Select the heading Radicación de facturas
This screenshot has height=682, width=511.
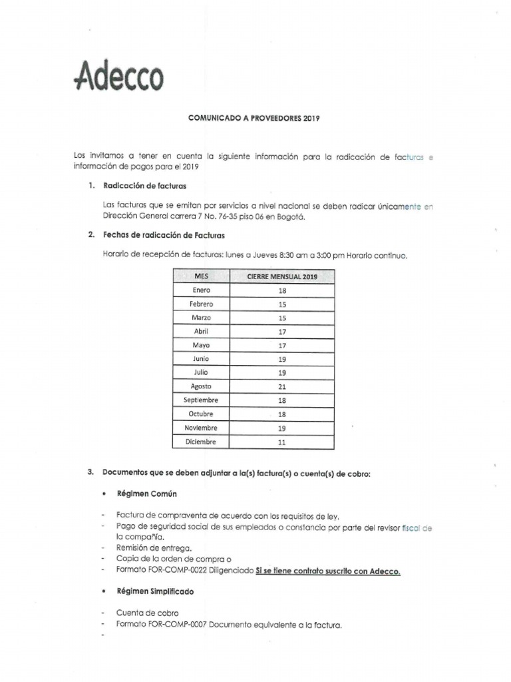144,185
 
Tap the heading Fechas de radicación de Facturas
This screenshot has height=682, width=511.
164,234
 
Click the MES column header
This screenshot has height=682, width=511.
201,276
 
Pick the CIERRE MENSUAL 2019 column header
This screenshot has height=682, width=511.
281,276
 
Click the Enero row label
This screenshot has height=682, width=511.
201,290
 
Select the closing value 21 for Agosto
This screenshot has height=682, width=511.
282,386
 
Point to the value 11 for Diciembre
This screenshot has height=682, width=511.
282,442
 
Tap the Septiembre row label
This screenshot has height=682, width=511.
201,400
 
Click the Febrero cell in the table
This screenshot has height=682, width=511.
201,304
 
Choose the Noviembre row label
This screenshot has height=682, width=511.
201,428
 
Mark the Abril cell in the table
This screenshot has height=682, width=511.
201,332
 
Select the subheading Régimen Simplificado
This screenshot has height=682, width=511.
155,591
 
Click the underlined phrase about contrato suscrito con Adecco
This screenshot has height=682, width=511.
328,571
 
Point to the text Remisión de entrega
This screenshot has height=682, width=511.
148,547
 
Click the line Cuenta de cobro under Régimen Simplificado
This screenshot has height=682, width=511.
147,613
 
